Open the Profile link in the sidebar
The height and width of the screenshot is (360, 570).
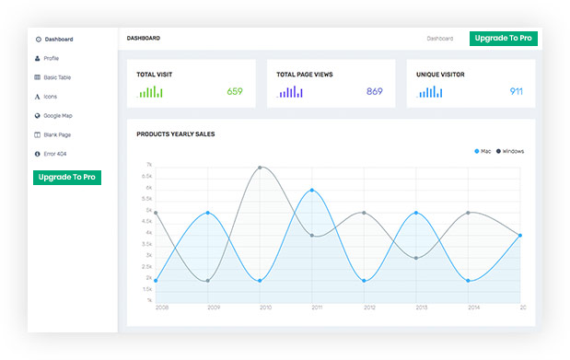pyautogui.click(x=51, y=58)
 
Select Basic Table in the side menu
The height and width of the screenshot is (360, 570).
pyautogui.click(x=56, y=77)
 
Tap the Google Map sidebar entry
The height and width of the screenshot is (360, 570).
pyautogui.click(x=57, y=116)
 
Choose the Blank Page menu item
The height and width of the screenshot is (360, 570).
pyautogui.click(x=56, y=134)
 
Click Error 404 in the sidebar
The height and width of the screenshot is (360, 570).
pyautogui.click(x=54, y=154)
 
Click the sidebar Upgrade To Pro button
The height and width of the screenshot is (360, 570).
pyautogui.click(x=66, y=177)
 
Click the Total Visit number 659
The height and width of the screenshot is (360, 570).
pyautogui.click(x=235, y=91)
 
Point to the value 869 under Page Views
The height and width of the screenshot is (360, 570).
pyautogui.click(x=374, y=91)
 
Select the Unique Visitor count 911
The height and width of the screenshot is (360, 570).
pyautogui.click(x=516, y=91)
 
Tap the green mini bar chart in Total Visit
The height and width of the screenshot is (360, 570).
pyautogui.click(x=151, y=92)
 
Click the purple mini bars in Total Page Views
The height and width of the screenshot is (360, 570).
pyautogui.click(x=290, y=92)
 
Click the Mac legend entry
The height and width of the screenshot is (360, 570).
pyautogui.click(x=483, y=151)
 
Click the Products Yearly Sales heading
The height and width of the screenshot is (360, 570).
pyautogui.click(x=175, y=134)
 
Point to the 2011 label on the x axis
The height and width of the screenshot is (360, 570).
pyautogui.click(x=316, y=308)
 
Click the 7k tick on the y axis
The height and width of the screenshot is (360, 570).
pyautogui.click(x=148, y=166)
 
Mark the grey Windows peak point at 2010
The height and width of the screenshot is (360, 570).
pyautogui.click(x=261, y=168)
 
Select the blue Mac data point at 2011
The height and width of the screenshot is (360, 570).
pyautogui.click(x=313, y=191)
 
